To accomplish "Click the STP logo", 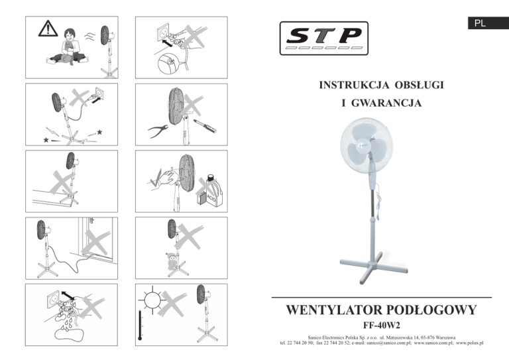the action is click(x=323, y=38).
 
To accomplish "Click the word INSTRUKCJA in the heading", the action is click(x=354, y=85).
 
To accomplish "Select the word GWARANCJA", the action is click(x=386, y=103).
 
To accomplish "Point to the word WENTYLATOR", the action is click(x=334, y=310).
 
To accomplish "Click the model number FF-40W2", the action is click(x=382, y=325).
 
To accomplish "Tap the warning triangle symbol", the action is click(x=48, y=29).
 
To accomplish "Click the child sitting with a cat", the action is click(x=68, y=47).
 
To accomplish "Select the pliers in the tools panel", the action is click(x=158, y=131).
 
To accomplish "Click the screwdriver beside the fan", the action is click(x=205, y=126).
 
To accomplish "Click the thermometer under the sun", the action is click(x=140, y=325).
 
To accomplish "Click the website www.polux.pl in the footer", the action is click(x=469, y=343).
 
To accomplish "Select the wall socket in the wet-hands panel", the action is click(x=54, y=300).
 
